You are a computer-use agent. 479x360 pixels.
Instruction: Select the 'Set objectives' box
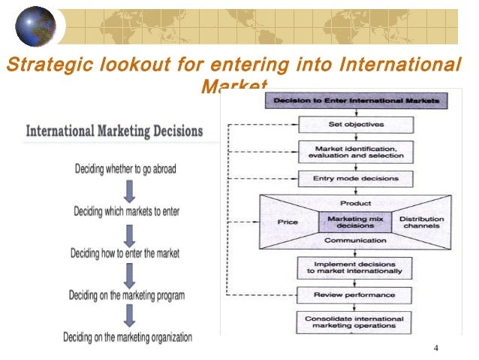click(355, 123)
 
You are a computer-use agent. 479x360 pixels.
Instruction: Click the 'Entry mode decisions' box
click(355, 179)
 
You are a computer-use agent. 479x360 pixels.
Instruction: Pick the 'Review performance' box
click(355, 294)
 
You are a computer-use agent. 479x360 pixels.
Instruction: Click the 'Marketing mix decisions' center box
click(356, 221)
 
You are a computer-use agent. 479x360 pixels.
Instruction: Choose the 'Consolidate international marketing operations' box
click(355, 322)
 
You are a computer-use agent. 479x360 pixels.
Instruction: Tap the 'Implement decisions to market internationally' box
click(355, 267)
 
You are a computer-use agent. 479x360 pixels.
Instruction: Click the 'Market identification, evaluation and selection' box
click(355, 151)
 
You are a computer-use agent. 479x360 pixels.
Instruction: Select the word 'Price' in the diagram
click(288, 222)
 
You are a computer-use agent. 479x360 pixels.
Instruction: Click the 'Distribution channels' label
click(421, 222)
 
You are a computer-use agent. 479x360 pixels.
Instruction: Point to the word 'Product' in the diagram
click(355, 204)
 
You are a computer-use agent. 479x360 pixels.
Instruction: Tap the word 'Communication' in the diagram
click(355, 240)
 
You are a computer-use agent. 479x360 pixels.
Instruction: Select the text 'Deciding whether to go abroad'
click(125, 169)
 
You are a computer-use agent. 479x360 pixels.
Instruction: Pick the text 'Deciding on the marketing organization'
click(127, 337)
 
